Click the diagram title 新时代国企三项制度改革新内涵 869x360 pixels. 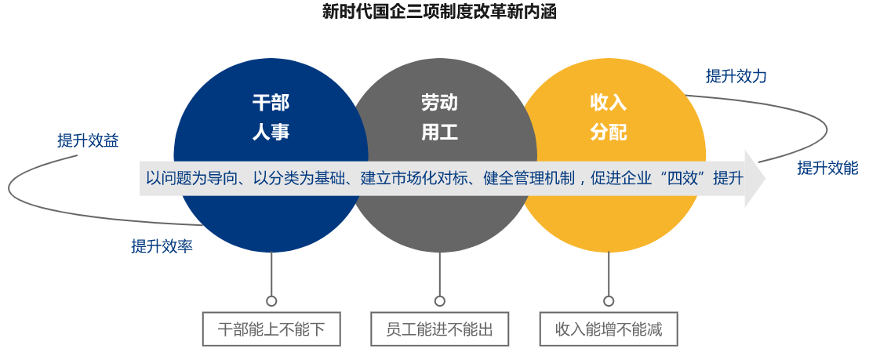point(439,12)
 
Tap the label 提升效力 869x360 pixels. point(736,76)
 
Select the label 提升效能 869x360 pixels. point(827,168)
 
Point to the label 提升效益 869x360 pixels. point(88,140)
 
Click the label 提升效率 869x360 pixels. point(162,246)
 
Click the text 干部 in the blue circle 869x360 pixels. point(271,103)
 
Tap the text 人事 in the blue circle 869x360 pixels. point(271,133)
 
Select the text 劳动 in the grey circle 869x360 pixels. point(439,103)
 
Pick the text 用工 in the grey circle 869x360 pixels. point(439,133)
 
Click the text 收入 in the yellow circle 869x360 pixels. point(609,103)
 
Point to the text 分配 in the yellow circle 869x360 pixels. point(609,133)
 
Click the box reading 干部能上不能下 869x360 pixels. point(271,329)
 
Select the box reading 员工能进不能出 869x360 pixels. point(439,329)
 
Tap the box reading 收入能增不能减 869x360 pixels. point(609,329)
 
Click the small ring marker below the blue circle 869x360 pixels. point(271,301)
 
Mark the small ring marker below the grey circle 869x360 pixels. point(439,301)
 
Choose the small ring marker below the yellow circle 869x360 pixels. point(609,301)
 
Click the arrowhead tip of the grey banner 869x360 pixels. point(765,178)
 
